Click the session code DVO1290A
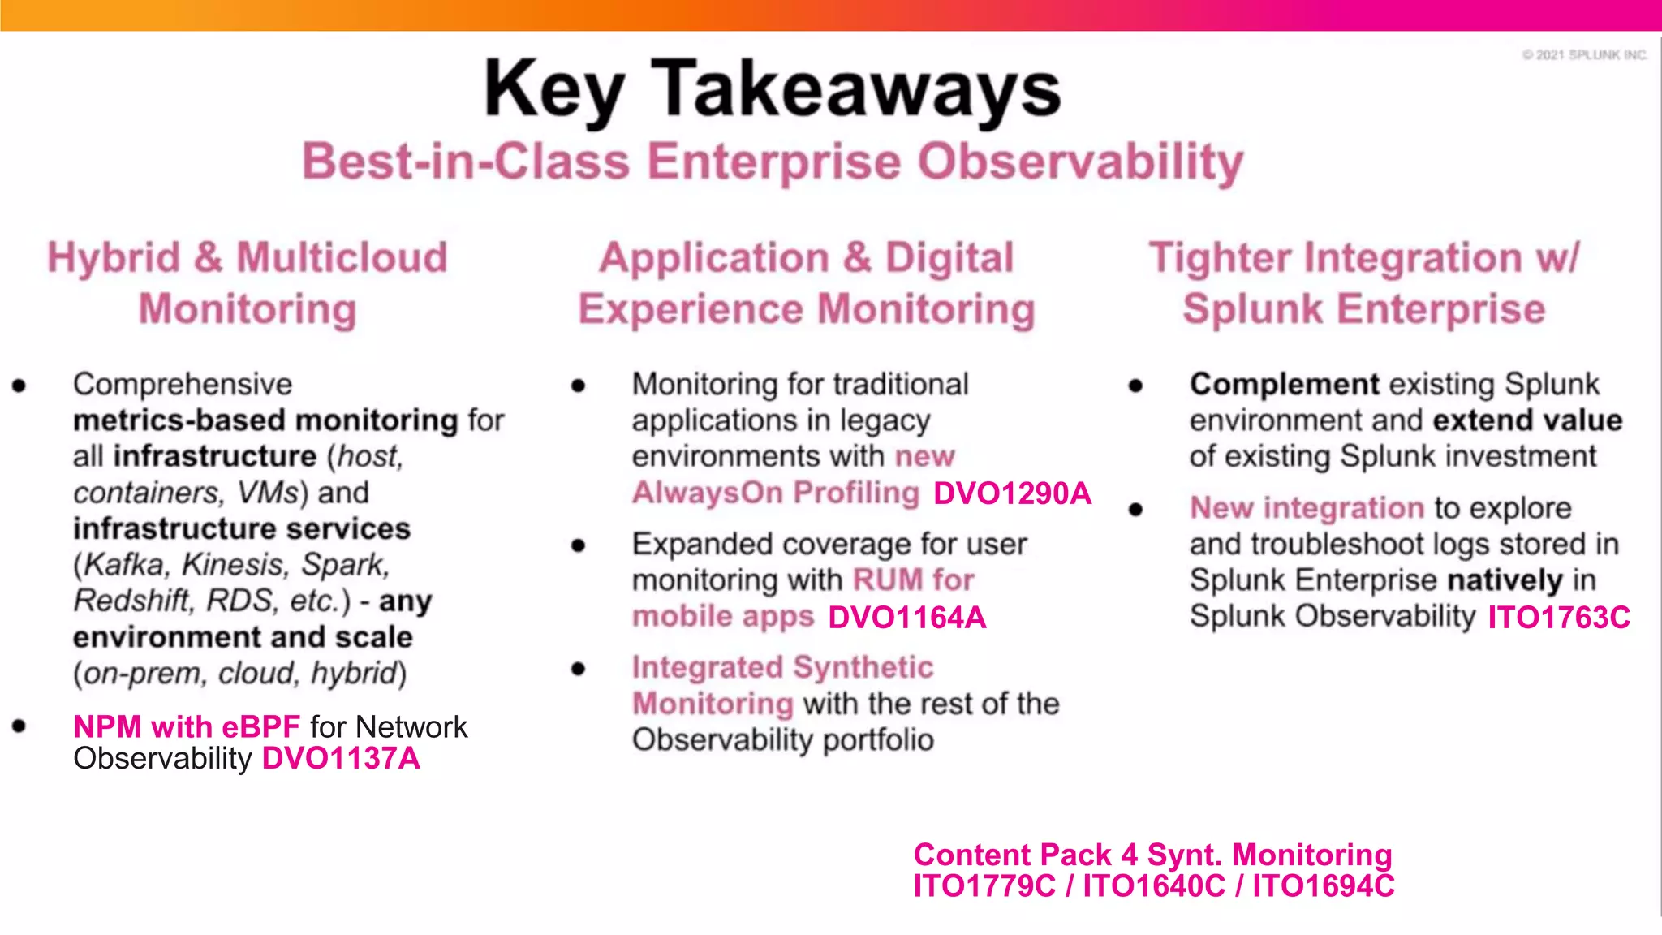[x=1012, y=493]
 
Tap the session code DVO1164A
[x=906, y=618]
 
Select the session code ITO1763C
[x=1558, y=618]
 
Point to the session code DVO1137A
[x=341, y=759]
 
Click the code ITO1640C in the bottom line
[x=1153, y=886]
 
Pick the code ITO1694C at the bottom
[x=1323, y=886]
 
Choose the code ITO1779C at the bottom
[x=984, y=886]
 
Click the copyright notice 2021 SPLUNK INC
[x=1585, y=54]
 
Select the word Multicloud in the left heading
[x=342, y=258]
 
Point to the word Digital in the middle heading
[x=949, y=258]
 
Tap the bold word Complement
[x=1284, y=384]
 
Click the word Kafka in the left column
[x=124, y=565]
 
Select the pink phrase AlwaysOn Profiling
[x=775, y=493]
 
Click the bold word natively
[x=1505, y=580]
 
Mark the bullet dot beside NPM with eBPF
[x=19, y=726]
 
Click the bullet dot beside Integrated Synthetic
[x=578, y=669]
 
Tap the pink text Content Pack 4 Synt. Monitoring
[x=1152, y=855]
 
